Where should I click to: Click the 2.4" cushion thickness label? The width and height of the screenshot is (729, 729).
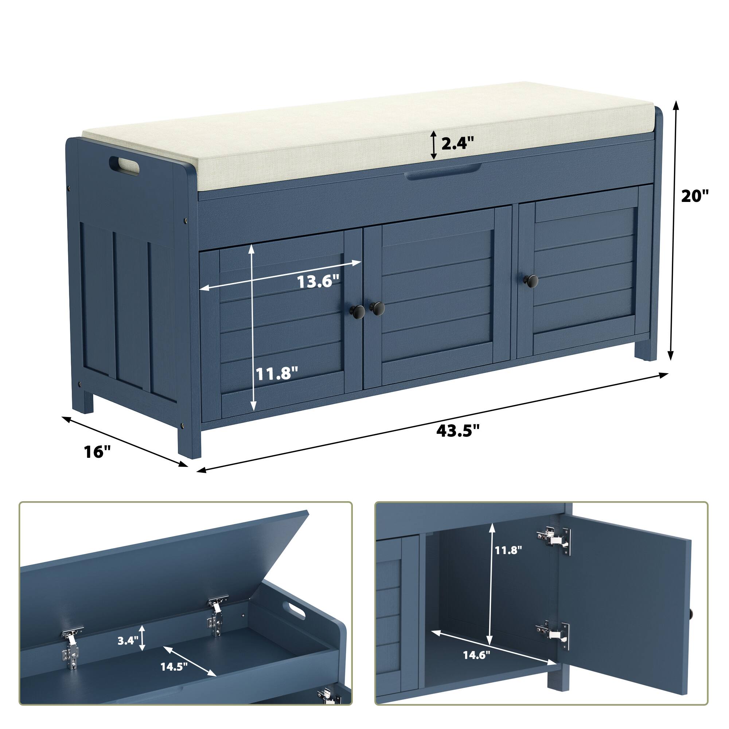pyautogui.click(x=457, y=144)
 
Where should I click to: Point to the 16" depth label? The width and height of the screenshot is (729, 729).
pyautogui.click(x=97, y=451)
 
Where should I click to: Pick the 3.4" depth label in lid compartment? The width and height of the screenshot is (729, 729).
pyautogui.click(x=128, y=641)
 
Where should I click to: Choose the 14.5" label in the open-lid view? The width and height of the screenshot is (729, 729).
pyautogui.click(x=174, y=667)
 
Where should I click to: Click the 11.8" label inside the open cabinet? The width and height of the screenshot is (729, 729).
pyautogui.click(x=508, y=550)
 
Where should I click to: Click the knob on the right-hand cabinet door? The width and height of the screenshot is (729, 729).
pyautogui.click(x=533, y=280)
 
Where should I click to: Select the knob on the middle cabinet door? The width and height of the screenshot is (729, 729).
pyautogui.click(x=377, y=308)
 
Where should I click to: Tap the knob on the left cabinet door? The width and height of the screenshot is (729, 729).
pyautogui.click(x=358, y=311)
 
